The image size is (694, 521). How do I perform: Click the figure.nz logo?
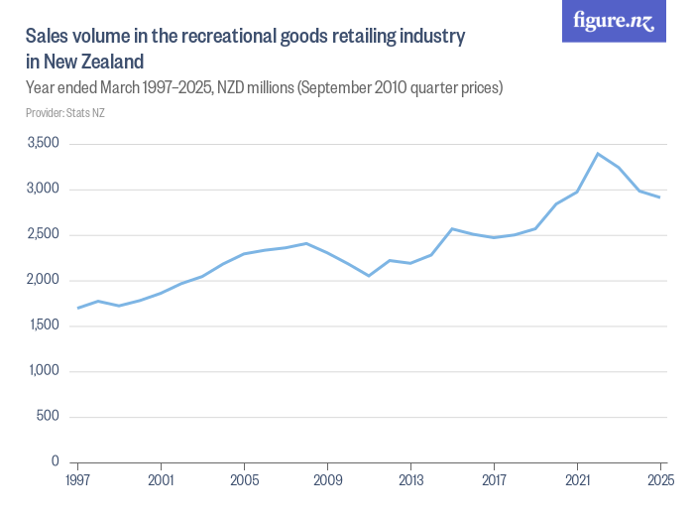pos(614,22)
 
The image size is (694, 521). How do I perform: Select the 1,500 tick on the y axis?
pos(42,326)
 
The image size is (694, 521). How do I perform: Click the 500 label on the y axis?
pos(48,417)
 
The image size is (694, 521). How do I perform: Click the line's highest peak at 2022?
pos(598,154)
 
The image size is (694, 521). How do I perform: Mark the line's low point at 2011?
pos(369,276)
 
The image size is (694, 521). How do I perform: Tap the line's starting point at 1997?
pos(77,308)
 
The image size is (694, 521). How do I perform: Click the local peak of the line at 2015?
pos(452,229)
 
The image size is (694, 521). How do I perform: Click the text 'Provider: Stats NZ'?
pos(65,113)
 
